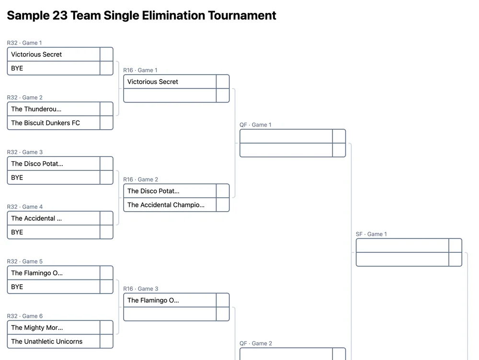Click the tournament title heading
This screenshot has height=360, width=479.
(x=141, y=15)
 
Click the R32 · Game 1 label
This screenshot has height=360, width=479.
(x=24, y=43)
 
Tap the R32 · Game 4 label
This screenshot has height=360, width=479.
(x=25, y=207)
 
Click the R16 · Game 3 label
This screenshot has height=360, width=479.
(x=140, y=289)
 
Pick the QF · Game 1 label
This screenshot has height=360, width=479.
(x=255, y=125)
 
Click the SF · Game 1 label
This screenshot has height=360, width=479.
(x=371, y=234)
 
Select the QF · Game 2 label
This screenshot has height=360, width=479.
(x=256, y=343)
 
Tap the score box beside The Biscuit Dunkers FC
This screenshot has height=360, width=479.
(x=106, y=123)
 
